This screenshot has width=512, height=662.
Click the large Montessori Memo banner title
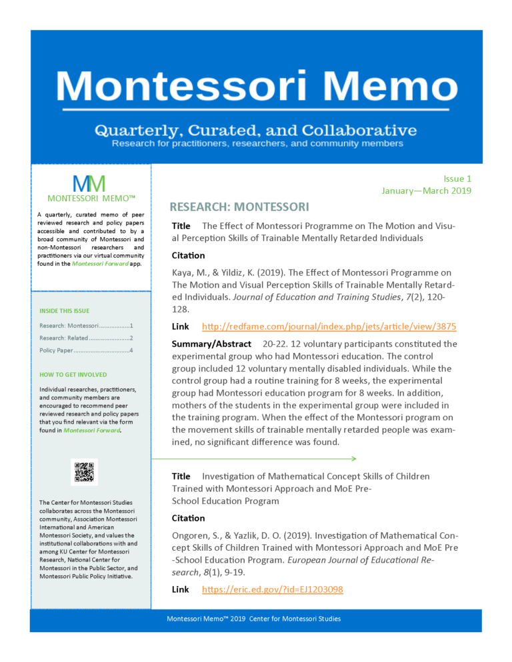point(256,87)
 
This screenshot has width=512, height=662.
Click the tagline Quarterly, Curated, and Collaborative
point(256,129)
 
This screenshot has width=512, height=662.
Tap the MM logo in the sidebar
point(89,184)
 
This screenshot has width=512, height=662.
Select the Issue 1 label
point(457,178)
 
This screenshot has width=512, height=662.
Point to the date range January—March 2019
point(426,190)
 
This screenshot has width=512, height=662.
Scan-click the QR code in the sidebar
point(84,472)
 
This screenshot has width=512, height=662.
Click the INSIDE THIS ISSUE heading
point(65,310)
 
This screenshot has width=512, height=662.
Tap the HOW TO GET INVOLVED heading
point(73,374)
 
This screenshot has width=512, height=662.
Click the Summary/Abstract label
point(211,344)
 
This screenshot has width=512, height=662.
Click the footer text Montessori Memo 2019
point(253,619)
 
